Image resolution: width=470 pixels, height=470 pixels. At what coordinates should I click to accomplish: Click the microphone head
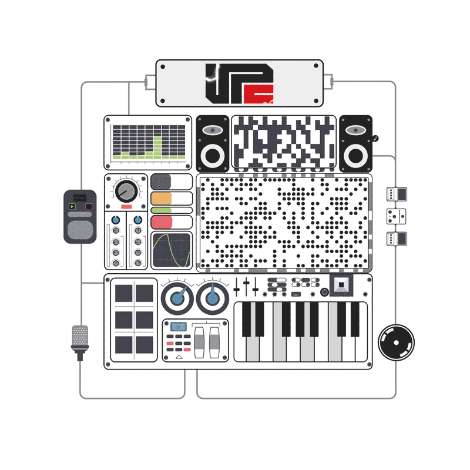point(80,335)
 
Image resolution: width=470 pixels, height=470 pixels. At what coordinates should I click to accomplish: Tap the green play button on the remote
point(72,206)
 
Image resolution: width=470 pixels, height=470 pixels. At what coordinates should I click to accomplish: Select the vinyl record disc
point(396,342)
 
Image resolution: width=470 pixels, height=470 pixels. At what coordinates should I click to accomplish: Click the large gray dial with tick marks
point(126,191)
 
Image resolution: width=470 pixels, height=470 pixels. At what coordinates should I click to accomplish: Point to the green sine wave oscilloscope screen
point(172,250)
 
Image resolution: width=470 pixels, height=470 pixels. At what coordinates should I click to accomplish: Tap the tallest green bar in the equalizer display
point(157,147)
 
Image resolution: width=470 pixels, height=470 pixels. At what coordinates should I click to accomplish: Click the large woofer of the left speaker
point(213,156)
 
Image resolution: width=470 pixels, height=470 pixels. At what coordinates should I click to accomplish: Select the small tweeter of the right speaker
point(355,130)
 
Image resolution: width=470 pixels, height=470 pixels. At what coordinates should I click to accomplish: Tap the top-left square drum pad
point(123,293)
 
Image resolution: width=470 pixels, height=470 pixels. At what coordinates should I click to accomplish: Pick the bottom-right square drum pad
point(144,344)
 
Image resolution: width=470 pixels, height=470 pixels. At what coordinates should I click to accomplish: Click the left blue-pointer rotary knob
point(177,298)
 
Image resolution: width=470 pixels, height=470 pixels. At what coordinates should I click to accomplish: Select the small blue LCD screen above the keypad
point(179,327)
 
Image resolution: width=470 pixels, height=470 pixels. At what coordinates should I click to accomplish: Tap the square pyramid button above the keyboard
point(341,285)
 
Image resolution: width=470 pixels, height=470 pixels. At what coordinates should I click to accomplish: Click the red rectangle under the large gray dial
point(126,207)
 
